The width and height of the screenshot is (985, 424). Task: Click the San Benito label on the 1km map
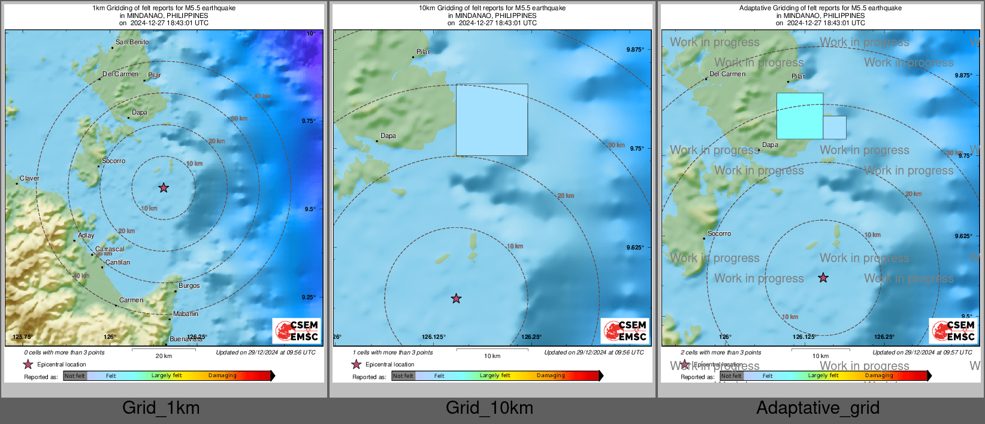132,43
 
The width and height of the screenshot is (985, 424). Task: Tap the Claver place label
29,179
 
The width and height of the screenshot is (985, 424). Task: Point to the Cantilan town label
117,263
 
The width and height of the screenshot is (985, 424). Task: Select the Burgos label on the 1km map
189,286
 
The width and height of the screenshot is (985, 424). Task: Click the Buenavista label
186,339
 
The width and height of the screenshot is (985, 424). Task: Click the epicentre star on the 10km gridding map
456,299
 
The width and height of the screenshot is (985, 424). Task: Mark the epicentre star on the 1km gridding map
164,188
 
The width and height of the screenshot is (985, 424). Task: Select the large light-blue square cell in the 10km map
492,120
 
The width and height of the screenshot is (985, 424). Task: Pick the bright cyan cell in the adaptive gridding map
799,116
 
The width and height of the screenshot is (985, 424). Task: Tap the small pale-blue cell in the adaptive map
834,128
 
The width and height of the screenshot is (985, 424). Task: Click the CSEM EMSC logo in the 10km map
625,330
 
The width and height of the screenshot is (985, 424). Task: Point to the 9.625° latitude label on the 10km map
635,248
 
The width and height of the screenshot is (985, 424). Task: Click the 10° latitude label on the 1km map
310,34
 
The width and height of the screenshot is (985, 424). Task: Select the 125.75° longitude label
22,337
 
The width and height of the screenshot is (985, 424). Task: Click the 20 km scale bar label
164,356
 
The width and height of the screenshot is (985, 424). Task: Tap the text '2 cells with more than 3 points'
721,353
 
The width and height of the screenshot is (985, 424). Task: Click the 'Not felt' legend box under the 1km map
75,376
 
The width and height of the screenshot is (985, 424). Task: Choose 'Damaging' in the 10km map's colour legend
551,376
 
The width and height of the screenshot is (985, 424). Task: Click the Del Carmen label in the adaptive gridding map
727,74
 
